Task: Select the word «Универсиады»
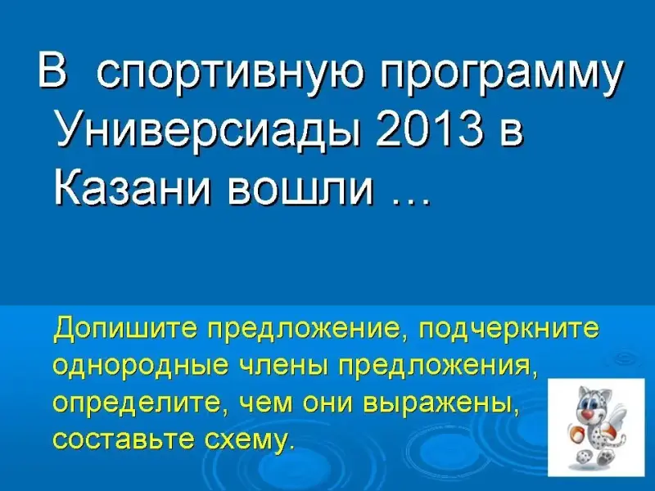tap(210, 130)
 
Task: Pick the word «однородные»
tap(141, 366)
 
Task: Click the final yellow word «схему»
tap(249, 439)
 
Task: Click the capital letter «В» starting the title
tap(52, 70)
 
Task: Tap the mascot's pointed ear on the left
tap(581, 392)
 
